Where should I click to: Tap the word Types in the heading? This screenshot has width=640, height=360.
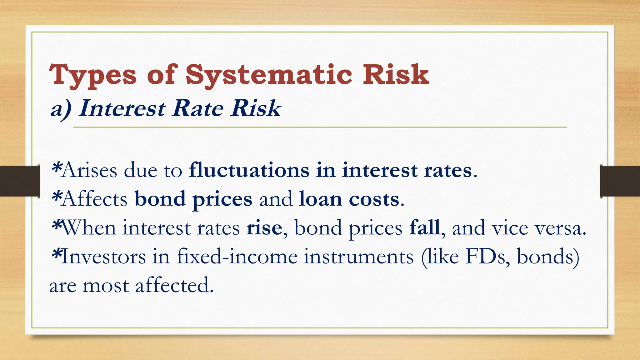(93, 75)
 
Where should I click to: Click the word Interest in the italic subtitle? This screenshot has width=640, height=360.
(122, 108)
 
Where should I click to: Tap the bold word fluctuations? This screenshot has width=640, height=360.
(249, 170)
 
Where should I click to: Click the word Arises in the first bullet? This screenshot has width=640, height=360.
(89, 171)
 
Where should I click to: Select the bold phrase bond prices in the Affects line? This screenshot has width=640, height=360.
(193, 199)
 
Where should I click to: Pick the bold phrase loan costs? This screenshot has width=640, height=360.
(349, 199)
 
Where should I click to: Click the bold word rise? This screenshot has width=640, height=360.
(264, 228)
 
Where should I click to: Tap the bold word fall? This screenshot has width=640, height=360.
(424, 227)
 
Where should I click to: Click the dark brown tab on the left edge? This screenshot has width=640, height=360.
(20, 181)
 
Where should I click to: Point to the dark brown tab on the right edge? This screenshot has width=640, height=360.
(620, 181)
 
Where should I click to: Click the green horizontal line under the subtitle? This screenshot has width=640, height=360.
(320, 127)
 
